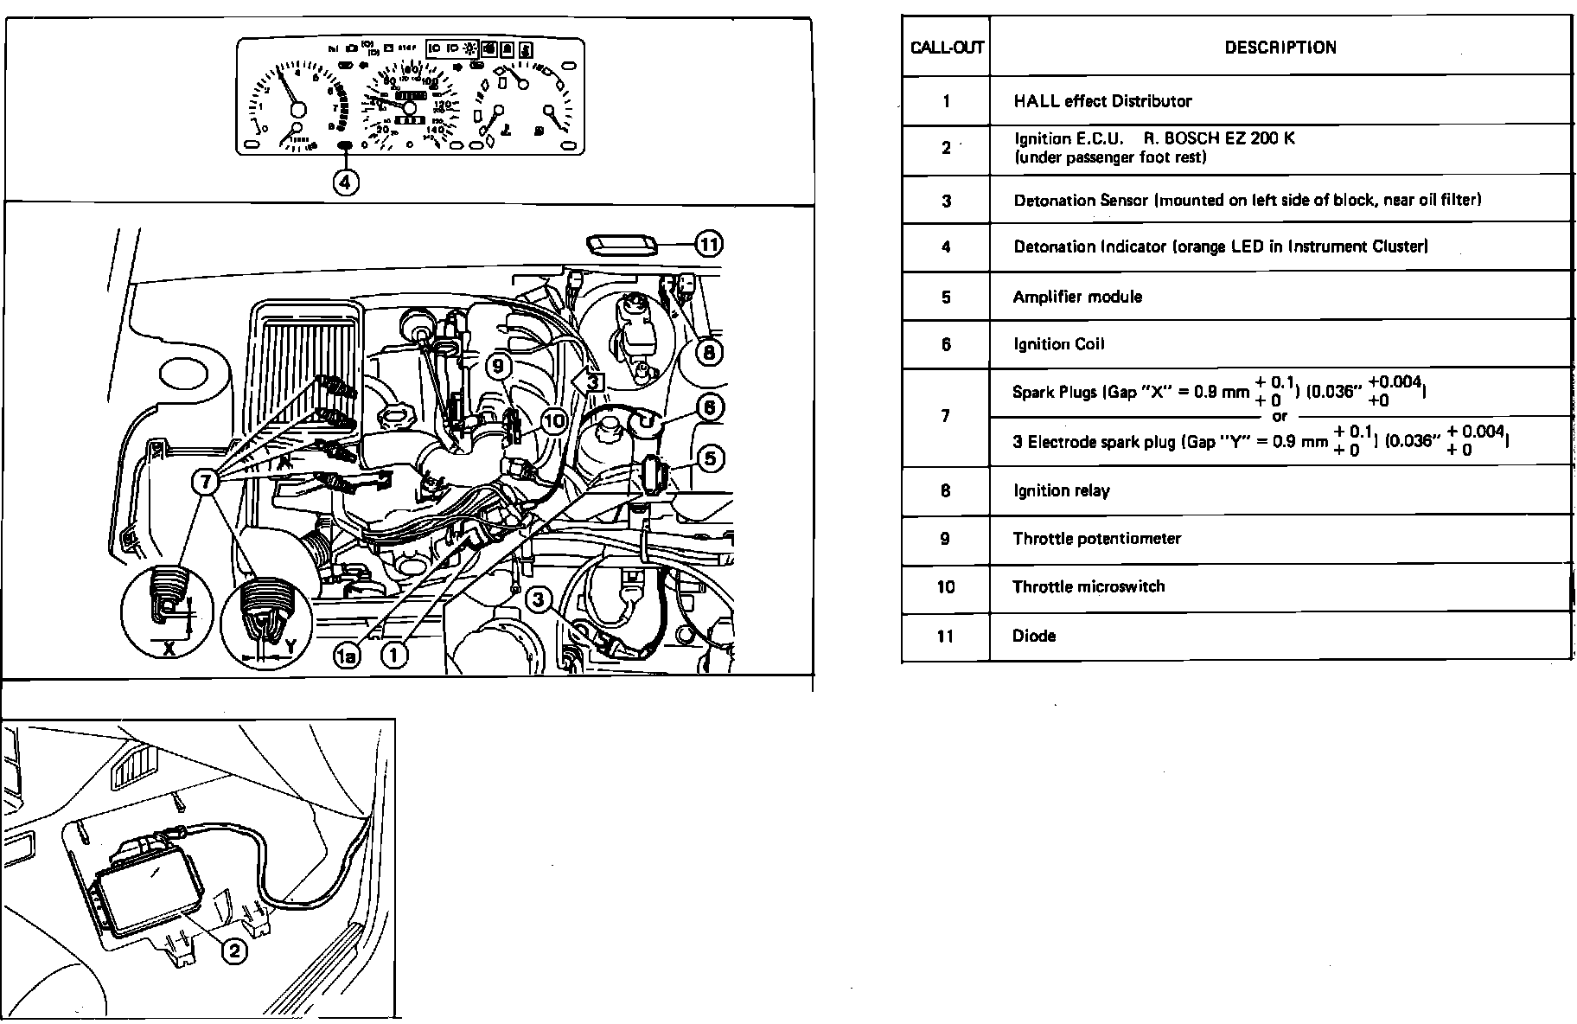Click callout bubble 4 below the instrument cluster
pos(346,182)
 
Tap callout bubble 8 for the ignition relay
pos(709,352)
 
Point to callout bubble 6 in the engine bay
pos(709,406)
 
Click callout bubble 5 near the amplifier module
pos(710,458)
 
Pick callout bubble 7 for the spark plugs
pos(206,481)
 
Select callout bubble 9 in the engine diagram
pos(498,366)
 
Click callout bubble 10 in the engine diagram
pos(553,421)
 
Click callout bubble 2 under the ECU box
pos(234,951)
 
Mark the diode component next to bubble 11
pos(622,245)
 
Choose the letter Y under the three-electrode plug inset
pos(290,645)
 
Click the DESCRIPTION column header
pos(1280,48)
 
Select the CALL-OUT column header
pos(947,48)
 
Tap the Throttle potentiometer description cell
pos(1096,538)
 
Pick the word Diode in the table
pos(1034,636)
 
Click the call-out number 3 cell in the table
pos(947,201)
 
